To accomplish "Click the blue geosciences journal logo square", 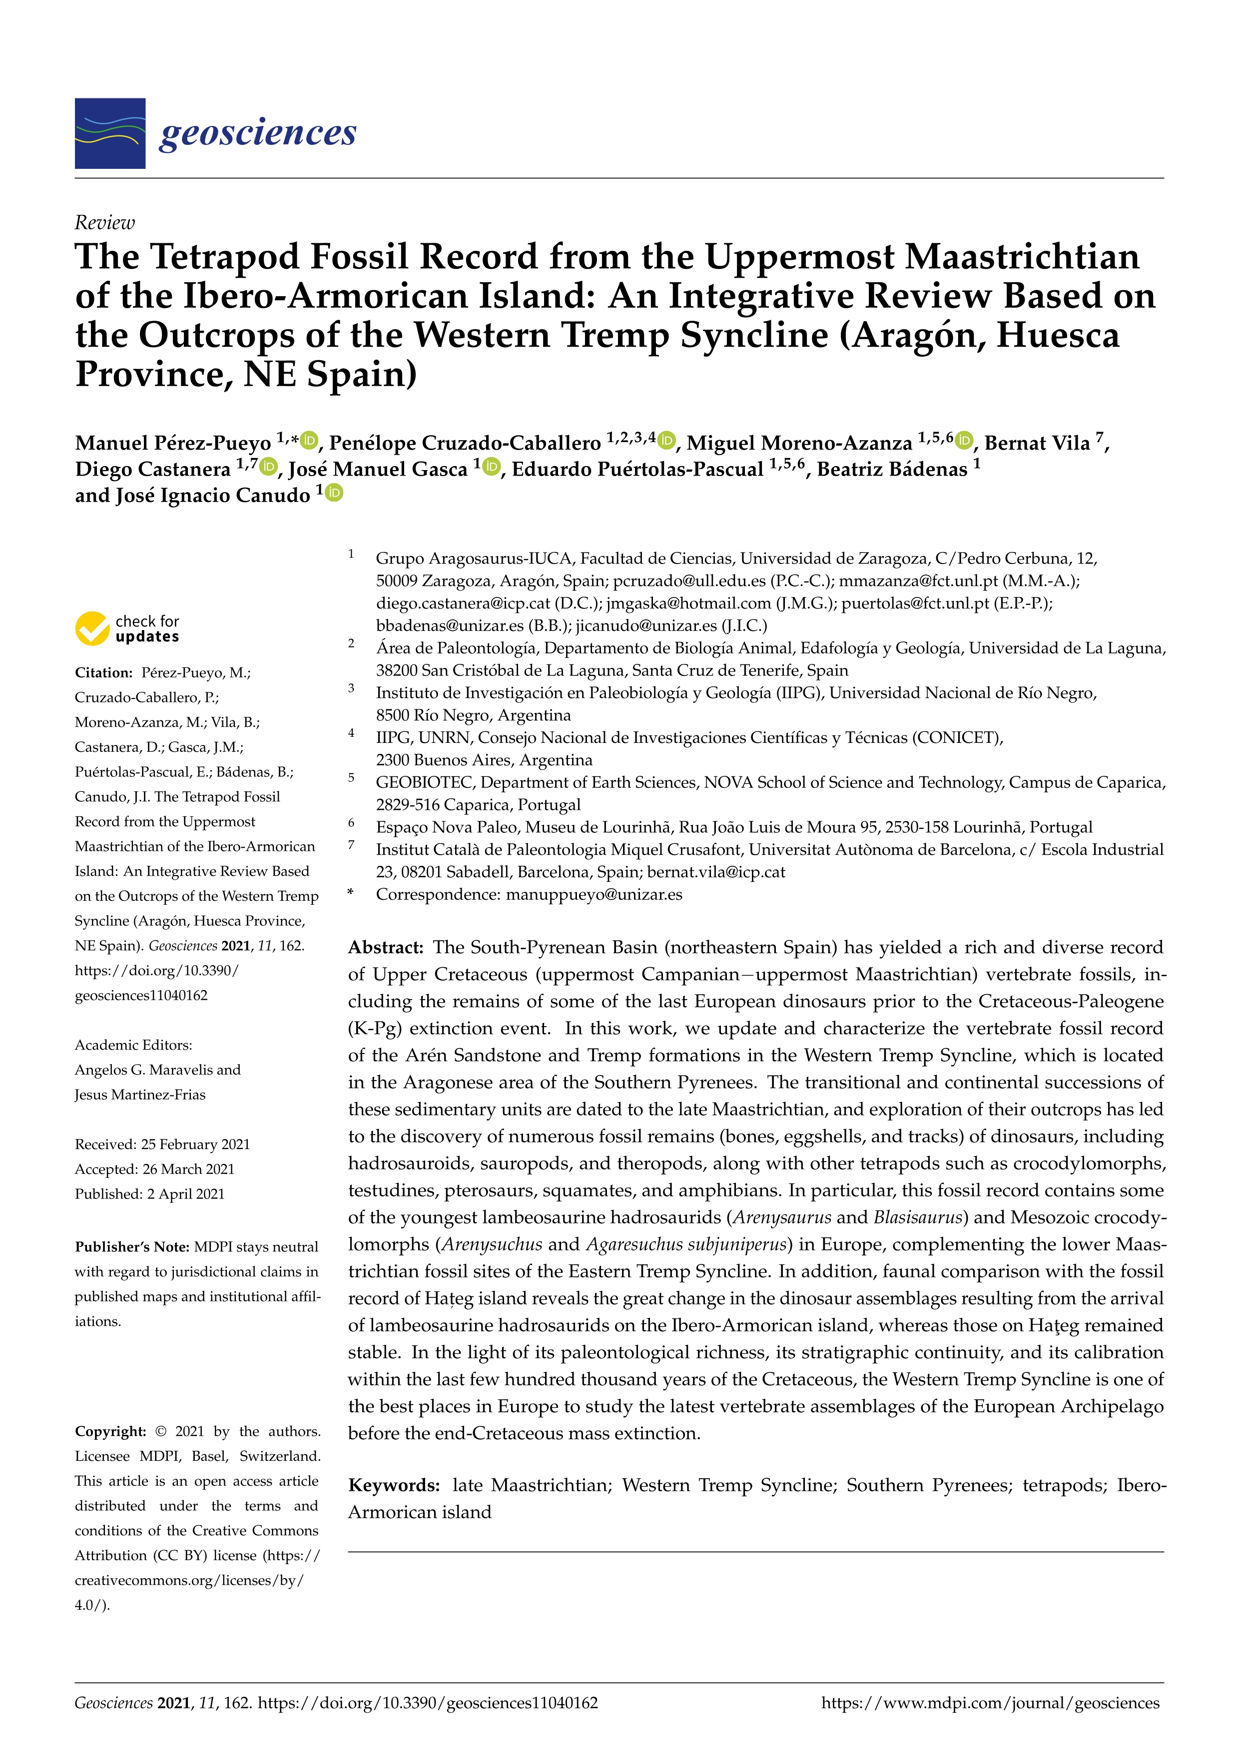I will [x=110, y=133].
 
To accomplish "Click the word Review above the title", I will [x=104, y=223].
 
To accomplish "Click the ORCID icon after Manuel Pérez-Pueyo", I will [x=309, y=440].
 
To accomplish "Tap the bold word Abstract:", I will [x=385, y=948].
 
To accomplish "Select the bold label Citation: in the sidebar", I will [x=104, y=673].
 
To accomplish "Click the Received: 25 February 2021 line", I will [x=162, y=1144].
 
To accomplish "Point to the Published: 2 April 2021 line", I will [x=149, y=1193].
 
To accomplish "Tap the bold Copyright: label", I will [x=110, y=1431].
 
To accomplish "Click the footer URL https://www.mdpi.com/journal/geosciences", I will [x=990, y=1703].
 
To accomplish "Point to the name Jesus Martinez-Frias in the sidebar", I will [x=140, y=1094].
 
